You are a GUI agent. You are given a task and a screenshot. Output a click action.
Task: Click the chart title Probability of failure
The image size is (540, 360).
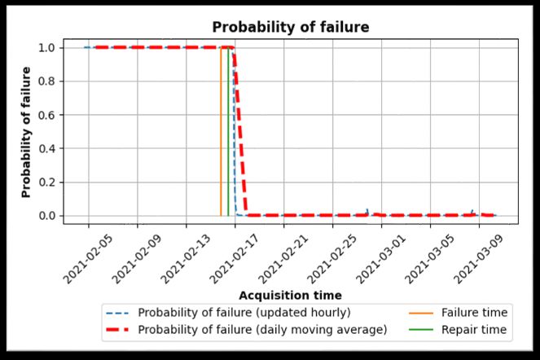[x=291, y=28]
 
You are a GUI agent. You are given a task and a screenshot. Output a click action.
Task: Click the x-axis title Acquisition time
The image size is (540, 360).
[x=290, y=295]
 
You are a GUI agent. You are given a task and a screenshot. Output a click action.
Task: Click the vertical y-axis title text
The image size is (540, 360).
[x=26, y=132]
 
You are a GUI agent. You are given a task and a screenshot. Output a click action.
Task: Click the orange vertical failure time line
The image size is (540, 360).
[x=221, y=130]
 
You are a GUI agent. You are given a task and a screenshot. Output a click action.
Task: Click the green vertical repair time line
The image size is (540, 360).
[x=229, y=130]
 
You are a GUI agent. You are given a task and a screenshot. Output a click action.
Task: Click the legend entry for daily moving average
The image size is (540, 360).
[x=244, y=330]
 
